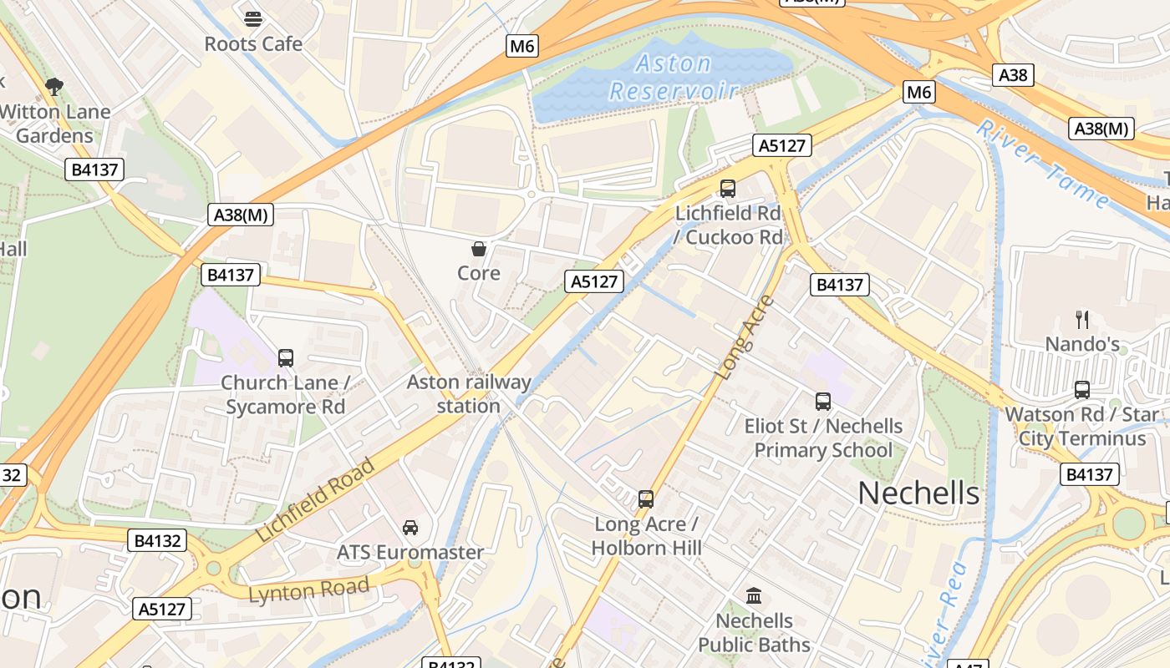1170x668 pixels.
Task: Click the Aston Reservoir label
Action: (674, 77)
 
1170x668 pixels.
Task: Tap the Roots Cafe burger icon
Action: (253, 18)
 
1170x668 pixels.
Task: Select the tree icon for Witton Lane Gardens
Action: (54, 86)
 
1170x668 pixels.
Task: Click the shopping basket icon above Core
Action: (479, 248)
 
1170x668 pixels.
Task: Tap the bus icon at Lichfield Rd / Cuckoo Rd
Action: (728, 189)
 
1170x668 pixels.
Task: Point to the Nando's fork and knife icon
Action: (1082, 319)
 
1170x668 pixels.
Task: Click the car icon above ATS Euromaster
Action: (410, 527)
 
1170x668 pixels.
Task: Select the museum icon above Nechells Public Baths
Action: (754, 595)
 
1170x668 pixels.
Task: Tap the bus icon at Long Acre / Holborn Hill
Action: (646, 499)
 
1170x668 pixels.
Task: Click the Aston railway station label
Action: (469, 394)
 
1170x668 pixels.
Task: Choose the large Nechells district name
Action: (918, 493)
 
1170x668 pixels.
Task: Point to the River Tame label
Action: (1043, 164)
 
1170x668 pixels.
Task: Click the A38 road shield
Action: (1013, 75)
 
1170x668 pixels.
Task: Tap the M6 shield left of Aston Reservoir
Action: (522, 46)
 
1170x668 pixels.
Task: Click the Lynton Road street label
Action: (309, 590)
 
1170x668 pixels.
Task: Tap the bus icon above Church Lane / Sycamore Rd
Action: (286, 358)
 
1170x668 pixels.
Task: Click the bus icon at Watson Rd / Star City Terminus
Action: (1082, 389)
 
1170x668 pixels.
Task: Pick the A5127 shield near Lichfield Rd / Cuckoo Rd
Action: (782, 145)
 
